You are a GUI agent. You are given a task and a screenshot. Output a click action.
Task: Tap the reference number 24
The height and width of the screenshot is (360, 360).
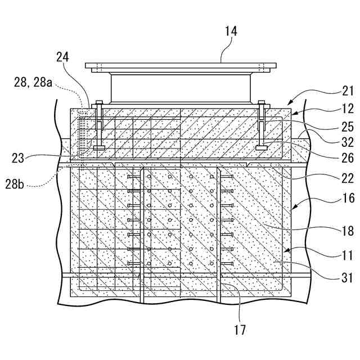63,57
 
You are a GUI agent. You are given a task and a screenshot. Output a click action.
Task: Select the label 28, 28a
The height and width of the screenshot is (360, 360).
34,83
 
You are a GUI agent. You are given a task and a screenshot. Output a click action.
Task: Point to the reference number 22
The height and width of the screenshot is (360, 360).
347,179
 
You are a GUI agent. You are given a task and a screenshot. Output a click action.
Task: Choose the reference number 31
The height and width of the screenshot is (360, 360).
347,277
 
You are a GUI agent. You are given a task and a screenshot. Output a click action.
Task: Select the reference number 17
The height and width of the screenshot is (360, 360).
240,330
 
